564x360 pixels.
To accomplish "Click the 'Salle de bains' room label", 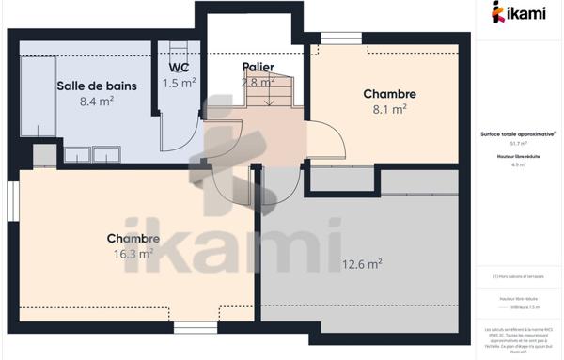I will (96, 86).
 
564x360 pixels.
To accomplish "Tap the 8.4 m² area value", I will (96, 101).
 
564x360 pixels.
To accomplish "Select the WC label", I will (179, 68).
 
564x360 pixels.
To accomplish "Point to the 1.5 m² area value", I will (179, 83).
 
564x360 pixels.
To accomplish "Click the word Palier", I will (258, 67).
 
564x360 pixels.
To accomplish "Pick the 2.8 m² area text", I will (258, 82).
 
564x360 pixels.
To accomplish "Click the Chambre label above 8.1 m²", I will (389, 94).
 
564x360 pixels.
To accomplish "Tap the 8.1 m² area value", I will (389, 109).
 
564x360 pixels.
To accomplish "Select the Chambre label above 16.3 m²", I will (133, 238).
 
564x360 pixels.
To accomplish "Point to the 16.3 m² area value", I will (133, 253).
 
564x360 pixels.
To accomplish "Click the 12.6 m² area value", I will (362, 264).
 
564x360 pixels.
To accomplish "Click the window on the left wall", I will (13, 203).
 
